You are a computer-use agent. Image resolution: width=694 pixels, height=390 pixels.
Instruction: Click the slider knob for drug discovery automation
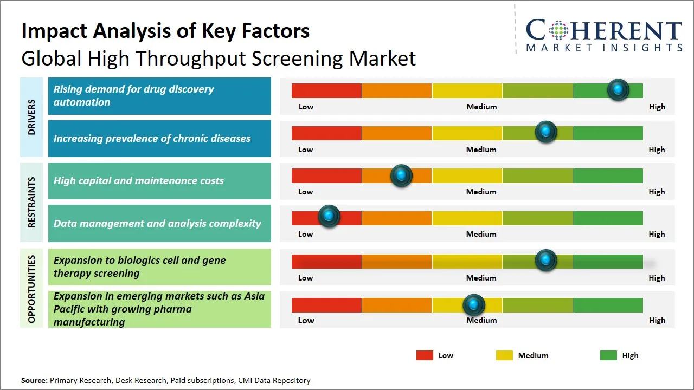618,90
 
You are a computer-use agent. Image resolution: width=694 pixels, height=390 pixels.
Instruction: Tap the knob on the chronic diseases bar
546,132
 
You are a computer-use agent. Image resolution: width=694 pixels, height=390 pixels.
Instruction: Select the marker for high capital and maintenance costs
401,175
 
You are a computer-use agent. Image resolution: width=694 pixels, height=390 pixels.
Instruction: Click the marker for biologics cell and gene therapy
546,261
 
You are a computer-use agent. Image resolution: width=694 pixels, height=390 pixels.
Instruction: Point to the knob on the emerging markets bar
474,305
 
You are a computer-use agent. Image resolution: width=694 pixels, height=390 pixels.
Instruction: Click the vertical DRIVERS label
31,118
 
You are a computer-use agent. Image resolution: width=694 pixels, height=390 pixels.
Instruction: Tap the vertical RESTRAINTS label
31,202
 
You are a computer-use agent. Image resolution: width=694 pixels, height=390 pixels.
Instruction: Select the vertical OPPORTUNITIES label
31,289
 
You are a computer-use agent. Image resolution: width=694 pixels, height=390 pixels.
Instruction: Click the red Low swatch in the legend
425,355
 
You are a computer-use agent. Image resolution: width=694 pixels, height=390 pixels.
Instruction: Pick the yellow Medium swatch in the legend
504,355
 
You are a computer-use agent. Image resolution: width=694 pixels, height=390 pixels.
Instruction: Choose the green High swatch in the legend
608,355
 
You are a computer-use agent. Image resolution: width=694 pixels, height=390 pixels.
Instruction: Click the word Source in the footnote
34,380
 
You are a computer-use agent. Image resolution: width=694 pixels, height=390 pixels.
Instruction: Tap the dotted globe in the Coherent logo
558,30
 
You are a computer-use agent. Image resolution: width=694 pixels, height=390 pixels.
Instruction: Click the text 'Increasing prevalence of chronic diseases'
152,139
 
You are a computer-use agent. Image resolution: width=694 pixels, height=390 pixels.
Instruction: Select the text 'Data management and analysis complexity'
157,224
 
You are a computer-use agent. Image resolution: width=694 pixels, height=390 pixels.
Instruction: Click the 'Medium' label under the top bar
481,107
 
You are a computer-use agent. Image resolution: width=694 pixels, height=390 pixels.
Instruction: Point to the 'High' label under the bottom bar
657,320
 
